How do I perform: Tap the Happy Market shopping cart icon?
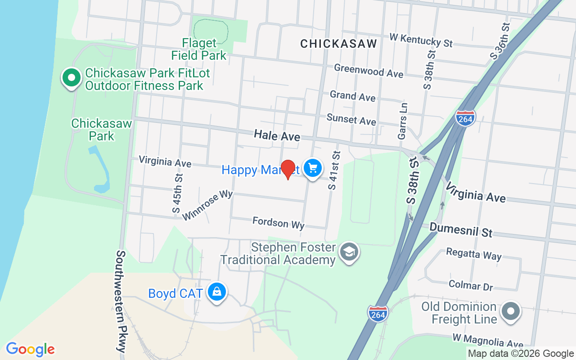[313, 169]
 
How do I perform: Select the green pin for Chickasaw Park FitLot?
[71, 78]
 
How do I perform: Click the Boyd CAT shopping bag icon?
[217, 292]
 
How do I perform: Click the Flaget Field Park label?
[199, 49]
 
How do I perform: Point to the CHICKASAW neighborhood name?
[338, 44]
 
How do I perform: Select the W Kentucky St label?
[421, 40]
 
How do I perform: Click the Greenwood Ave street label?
[369, 71]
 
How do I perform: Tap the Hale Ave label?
[277, 135]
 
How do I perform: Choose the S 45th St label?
[177, 193]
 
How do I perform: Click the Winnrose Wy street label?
[207, 205]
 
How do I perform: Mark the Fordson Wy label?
[279, 223]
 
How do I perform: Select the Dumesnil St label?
[461, 229]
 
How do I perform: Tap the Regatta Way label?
[473, 254]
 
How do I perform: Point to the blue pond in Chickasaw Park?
[102, 171]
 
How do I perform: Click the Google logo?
[30, 349]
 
